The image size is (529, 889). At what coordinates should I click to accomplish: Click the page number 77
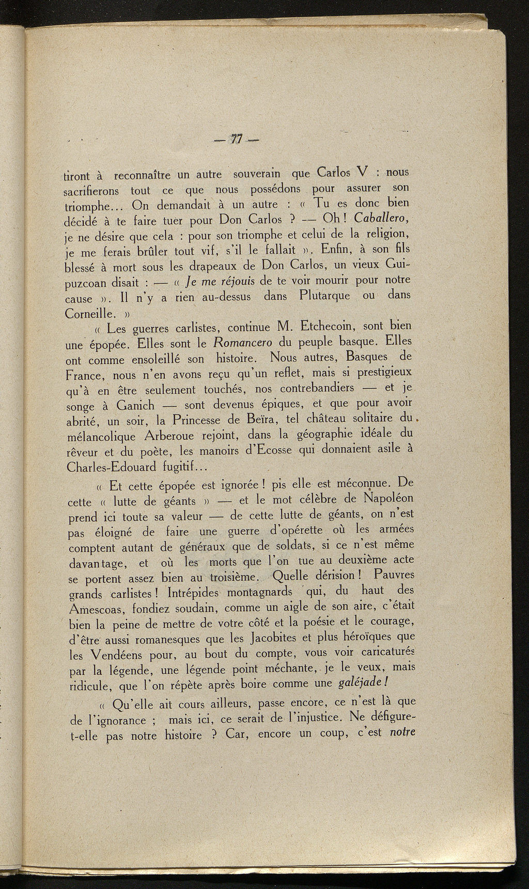237,139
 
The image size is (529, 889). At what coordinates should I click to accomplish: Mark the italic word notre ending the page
402,732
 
